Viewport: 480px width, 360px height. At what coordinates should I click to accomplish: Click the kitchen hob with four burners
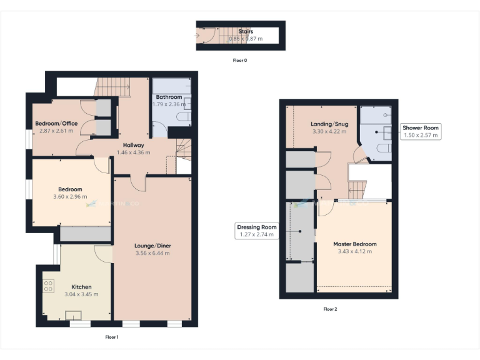pyautogui.click(x=48, y=286)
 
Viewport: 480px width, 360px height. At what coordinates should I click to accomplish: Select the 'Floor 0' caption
pyautogui.click(x=240, y=61)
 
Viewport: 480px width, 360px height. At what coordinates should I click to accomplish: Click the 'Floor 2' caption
pyautogui.click(x=330, y=309)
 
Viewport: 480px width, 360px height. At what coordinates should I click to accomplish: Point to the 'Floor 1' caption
pyautogui.click(x=112, y=337)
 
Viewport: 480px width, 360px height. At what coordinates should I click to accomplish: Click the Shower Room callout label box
pyautogui.click(x=421, y=131)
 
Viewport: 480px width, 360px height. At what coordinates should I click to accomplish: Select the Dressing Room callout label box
pyautogui.click(x=256, y=231)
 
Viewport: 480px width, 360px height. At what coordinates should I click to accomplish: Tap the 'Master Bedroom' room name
pyautogui.click(x=355, y=244)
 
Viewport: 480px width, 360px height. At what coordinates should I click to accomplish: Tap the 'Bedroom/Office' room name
pyautogui.click(x=56, y=123)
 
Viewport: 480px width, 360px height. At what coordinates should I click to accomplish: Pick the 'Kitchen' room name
pyautogui.click(x=81, y=287)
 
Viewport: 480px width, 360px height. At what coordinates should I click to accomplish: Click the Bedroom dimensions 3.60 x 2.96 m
pyautogui.click(x=70, y=197)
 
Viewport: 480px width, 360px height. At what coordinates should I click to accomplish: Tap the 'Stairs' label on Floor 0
pyautogui.click(x=246, y=31)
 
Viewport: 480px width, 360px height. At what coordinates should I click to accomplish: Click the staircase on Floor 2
pyautogui.click(x=357, y=189)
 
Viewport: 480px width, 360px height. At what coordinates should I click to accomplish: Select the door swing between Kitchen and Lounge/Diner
pyautogui.click(x=104, y=253)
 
